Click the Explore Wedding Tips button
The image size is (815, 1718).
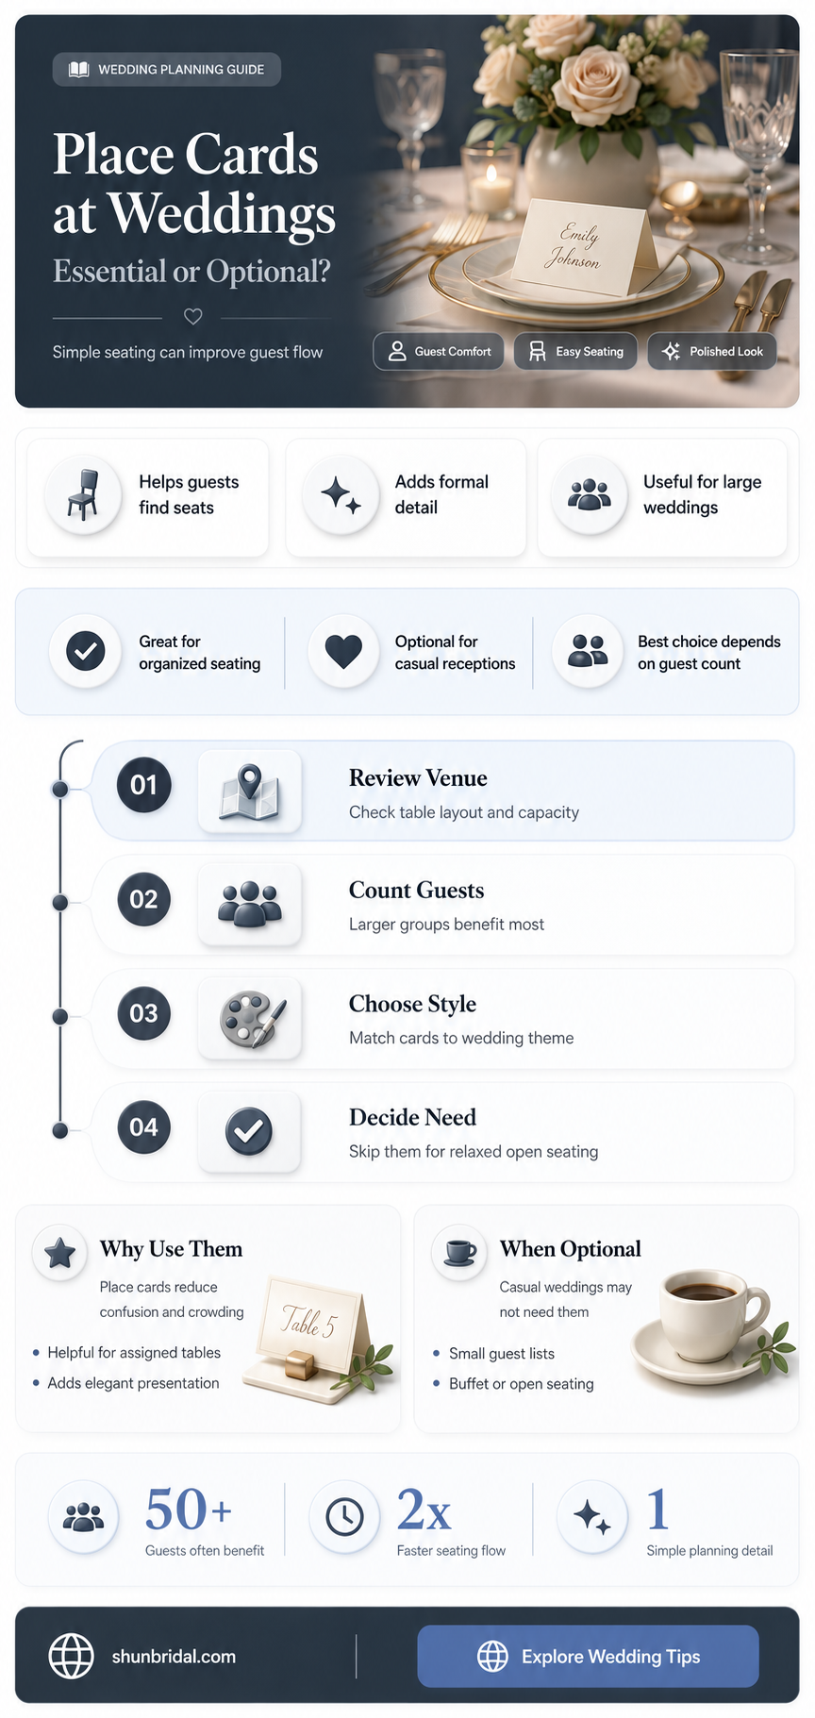(x=588, y=1656)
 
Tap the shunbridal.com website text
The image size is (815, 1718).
(x=174, y=1657)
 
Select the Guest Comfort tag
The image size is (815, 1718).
(x=439, y=351)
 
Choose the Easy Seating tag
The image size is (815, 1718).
(x=575, y=351)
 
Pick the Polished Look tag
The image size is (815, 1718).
(x=712, y=351)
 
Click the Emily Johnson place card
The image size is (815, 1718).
(x=585, y=247)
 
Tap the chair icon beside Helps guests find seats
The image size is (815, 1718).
(x=84, y=494)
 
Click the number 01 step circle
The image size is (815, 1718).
(x=143, y=784)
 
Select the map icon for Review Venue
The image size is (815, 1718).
(x=250, y=792)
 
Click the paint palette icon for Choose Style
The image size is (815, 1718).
(x=251, y=1018)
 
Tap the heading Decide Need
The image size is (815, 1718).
(x=412, y=1117)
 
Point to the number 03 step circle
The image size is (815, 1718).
(x=143, y=1013)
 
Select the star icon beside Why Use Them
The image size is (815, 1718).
(x=60, y=1253)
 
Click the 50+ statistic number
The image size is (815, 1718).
(x=188, y=1510)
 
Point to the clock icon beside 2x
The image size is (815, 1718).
(x=345, y=1517)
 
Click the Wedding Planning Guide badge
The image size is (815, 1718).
(x=167, y=69)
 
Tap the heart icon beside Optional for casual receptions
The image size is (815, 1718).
(x=343, y=651)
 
